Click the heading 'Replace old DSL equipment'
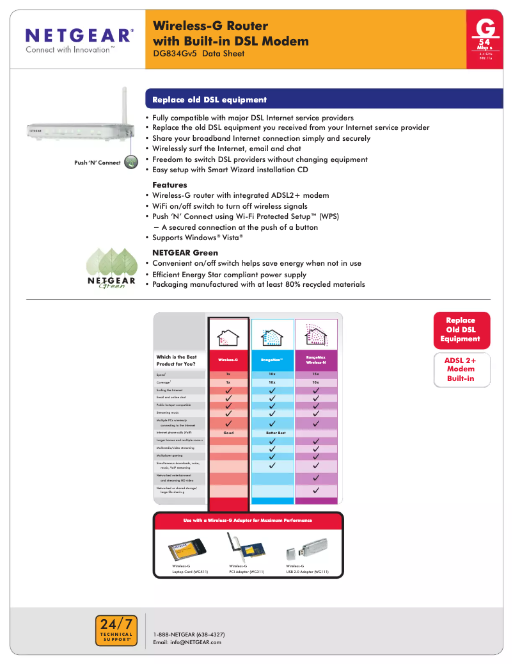[209, 100]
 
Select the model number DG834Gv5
[175, 54]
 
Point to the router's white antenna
[126, 102]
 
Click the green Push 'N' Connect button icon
[130, 162]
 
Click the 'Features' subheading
[170, 184]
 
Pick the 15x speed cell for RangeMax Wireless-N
[316, 374]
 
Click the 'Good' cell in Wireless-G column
[228, 433]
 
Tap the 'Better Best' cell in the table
[272, 433]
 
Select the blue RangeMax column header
[272, 360]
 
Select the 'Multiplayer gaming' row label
[170, 455]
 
